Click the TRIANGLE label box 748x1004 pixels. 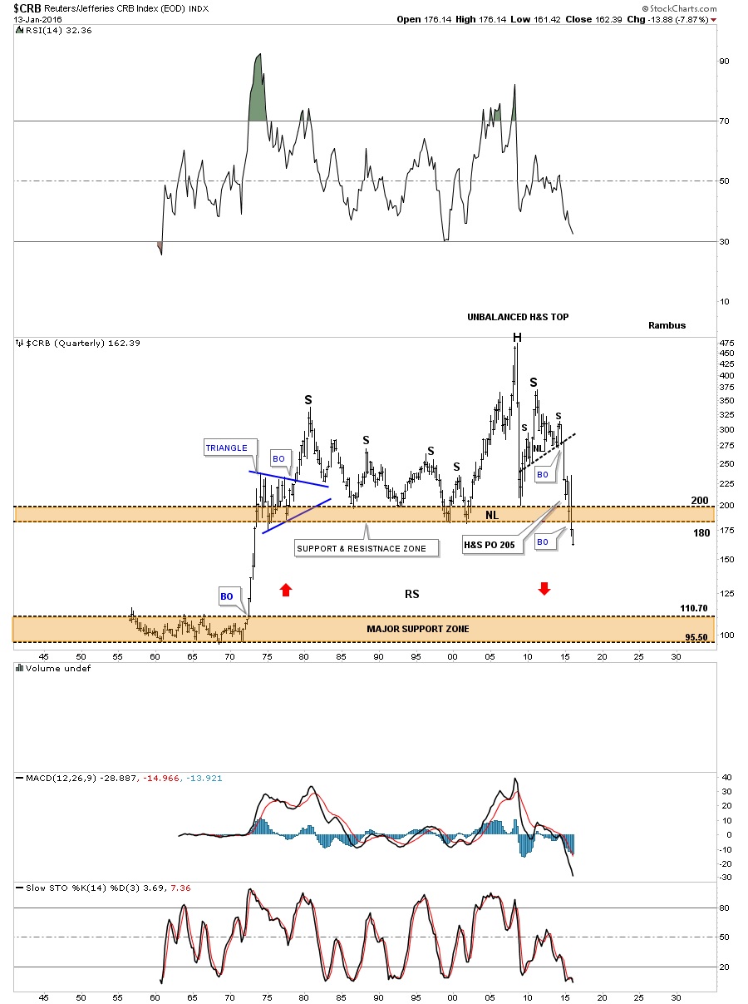[x=227, y=448]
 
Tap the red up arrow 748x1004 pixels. [x=285, y=590]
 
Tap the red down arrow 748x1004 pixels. [x=544, y=589]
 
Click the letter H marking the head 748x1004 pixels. [x=517, y=337]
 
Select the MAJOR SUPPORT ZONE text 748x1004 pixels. [x=417, y=629]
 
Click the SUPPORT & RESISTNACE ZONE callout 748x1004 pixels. [x=361, y=548]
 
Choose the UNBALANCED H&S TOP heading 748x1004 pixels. [x=517, y=317]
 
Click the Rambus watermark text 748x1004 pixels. [x=667, y=325]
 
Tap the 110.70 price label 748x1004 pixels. [x=693, y=609]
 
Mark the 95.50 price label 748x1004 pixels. [x=696, y=636]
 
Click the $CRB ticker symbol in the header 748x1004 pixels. [x=24, y=8]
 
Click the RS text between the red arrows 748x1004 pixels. [x=411, y=594]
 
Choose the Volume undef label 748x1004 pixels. [x=57, y=668]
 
